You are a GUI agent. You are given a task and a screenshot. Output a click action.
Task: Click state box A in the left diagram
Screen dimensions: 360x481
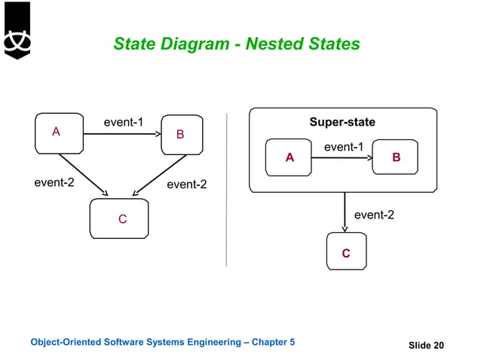pyautogui.click(x=59, y=133)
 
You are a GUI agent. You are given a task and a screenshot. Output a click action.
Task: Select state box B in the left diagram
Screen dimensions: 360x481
pyautogui.click(x=182, y=134)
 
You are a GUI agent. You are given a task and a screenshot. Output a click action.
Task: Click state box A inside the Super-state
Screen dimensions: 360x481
pyautogui.click(x=290, y=158)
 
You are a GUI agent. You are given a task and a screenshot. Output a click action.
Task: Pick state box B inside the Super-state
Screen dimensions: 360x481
pyautogui.click(x=397, y=158)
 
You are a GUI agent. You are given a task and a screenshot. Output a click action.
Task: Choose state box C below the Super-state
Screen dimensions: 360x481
pyautogui.click(x=345, y=252)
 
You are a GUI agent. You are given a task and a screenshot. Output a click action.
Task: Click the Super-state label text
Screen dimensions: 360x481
pyautogui.click(x=342, y=122)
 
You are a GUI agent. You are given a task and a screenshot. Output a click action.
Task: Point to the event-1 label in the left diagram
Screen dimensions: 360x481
pyautogui.click(x=124, y=122)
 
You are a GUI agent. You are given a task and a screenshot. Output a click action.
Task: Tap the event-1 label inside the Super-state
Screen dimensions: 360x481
pyautogui.click(x=344, y=147)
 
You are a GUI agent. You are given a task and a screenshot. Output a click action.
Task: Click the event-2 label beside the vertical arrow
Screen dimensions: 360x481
pyautogui.click(x=374, y=215)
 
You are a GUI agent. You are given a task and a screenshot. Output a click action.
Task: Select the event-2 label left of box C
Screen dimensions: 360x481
pyautogui.click(x=54, y=182)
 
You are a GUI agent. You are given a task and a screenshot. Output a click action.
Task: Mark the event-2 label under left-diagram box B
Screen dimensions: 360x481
pyautogui.click(x=186, y=184)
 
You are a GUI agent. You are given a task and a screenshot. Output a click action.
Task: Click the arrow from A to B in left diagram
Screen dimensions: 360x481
pyautogui.click(x=121, y=134)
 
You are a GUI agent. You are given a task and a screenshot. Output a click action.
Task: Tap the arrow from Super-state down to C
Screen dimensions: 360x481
pyautogui.click(x=345, y=212)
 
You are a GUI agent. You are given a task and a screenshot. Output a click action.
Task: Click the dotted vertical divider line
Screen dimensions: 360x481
pyautogui.click(x=227, y=188)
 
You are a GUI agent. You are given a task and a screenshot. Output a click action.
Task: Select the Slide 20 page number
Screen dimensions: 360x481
pyautogui.click(x=426, y=346)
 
